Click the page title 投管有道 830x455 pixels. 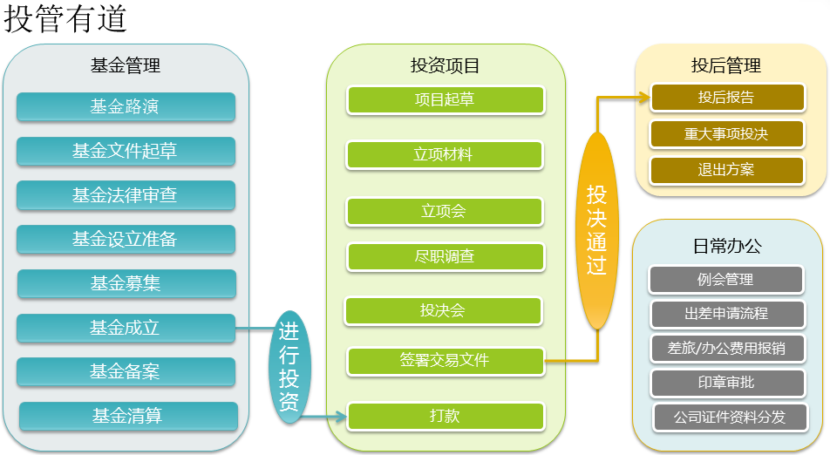65,19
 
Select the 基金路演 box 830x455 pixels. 126,107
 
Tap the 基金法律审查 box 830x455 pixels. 126,195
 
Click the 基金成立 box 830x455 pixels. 126,328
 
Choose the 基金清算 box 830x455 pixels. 128,416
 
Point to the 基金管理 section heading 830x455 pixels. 125,65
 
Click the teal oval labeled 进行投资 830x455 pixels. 289,367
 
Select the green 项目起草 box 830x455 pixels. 445,99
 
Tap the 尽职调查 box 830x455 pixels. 445,257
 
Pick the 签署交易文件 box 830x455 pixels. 445,359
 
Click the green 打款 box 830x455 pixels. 445,416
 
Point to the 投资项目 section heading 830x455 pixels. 445,65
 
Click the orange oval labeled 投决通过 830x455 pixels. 596,230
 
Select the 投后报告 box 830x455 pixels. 726,97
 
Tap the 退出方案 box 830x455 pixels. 726,170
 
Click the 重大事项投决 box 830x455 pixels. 726,134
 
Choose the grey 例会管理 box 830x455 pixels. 725,280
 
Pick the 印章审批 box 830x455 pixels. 726,382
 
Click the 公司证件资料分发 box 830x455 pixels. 729,417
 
